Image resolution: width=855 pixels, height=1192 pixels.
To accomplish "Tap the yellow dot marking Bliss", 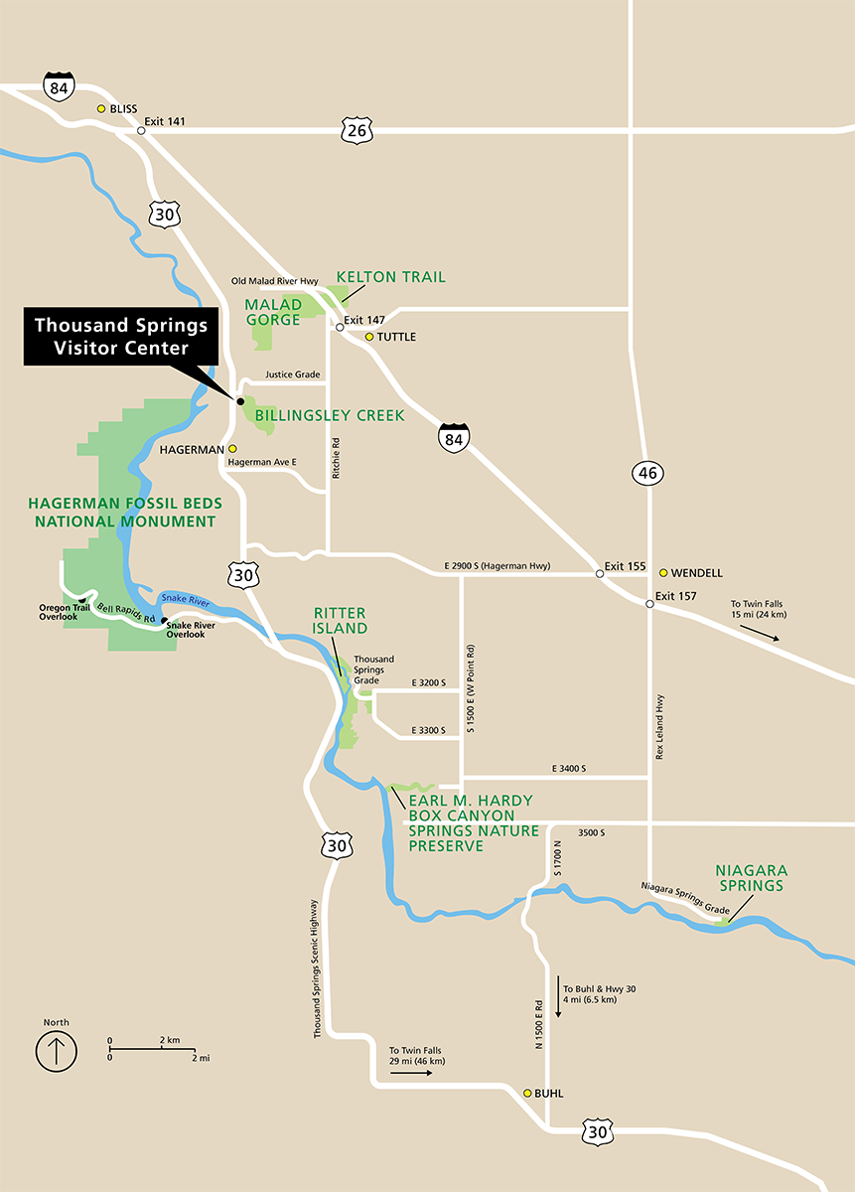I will pyautogui.click(x=101, y=109).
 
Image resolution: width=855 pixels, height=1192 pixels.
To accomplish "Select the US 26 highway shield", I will pyautogui.click(x=356, y=129).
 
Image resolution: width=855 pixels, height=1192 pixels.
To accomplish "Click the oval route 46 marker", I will pyautogui.click(x=647, y=473).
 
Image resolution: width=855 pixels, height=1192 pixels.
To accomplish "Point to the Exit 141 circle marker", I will pyautogui.click(x=141, y=130).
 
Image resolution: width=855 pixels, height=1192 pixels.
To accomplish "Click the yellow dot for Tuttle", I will pyautogui.click(x=368, y=337).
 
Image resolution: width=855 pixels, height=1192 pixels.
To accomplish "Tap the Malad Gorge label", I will pyautogui.click(x=273, y=311).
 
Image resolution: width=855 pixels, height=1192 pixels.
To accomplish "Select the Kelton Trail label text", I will pyautogui.click(x=390, y=277).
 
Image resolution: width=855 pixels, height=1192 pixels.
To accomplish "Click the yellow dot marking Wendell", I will pyautogui.click(x=662, y=573).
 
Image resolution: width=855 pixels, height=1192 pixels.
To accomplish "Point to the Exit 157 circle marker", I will pyautogui.click(x=648, y=603).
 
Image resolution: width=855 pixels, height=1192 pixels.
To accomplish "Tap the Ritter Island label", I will pyautogui.click(x=341, y=621).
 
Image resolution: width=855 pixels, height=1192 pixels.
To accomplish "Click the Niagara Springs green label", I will pyautogui.click(x=750, y=878).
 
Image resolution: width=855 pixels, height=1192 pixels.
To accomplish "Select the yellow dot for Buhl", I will pyautogui.click(x=527, y=1093).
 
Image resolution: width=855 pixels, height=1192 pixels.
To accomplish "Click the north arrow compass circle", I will pyautogui.click(x=57, y=1050).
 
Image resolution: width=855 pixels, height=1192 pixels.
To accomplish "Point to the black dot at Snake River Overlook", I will pyautogui.click(x=165, y=621).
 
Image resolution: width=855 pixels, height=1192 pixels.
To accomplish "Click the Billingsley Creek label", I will pyautogui.click(x=330, y=416).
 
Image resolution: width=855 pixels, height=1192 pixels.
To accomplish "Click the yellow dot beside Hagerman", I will pyautogui.click(x=233, y=449).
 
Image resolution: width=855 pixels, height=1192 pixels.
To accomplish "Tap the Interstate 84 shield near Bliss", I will pyautogui.click(x=58, y=86).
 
